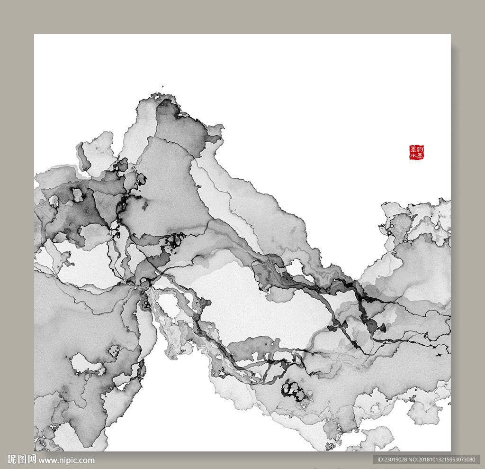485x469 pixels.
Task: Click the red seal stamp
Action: [x=417, y=153]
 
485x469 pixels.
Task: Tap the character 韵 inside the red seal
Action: [x=420, y=149]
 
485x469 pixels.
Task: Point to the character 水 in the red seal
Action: [x=413, y=156]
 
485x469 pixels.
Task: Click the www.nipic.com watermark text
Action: [x=67, y=460]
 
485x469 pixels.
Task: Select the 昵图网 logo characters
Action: [x=21, y=460]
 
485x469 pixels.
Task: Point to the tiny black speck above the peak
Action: [x=162, y=86]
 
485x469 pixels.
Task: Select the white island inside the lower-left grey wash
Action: [x=85, y=365]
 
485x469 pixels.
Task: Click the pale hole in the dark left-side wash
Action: [x=77, y=194]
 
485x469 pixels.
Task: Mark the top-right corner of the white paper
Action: [x=450, y=35]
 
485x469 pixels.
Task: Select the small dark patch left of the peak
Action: [x=123, y=166]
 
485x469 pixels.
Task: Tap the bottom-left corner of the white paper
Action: [x=35, y=451]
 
